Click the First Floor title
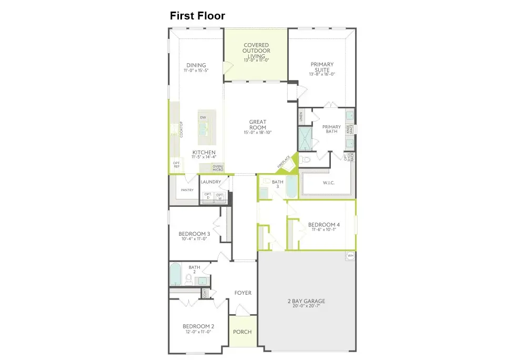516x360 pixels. click(197, 16)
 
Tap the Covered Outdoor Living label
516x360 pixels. click(256, 52)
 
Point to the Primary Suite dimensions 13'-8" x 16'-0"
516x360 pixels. click(322, 74)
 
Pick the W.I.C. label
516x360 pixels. click(329, 183)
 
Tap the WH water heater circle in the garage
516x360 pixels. click(350, 256)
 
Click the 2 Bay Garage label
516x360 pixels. click(306, 302)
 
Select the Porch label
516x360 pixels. click(242, 332)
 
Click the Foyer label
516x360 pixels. click(243, 293)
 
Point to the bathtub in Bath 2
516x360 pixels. click(175, 274)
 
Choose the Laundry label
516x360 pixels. click(211, 182)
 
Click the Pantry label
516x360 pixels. click(187, 190)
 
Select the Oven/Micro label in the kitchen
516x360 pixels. click(217, 168)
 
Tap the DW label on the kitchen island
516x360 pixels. click(203, 117)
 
